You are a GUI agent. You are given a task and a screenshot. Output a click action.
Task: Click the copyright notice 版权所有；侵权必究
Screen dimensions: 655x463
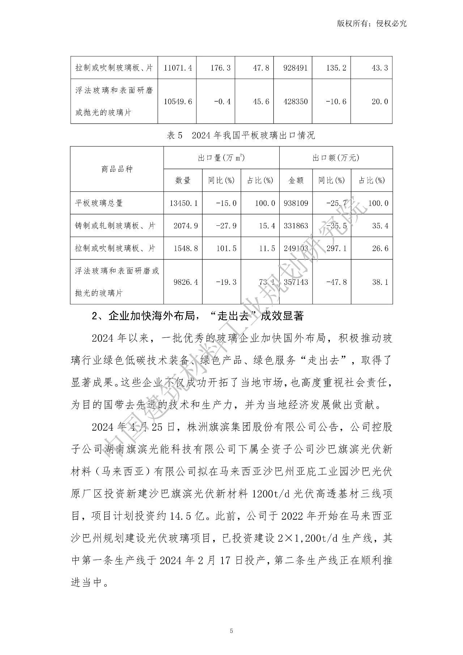click(x=371, y=24)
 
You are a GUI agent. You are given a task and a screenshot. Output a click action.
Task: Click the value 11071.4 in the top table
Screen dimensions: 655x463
click(x=178, y=68)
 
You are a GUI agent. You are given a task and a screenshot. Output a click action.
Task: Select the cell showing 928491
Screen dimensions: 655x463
click(x=296, y=68)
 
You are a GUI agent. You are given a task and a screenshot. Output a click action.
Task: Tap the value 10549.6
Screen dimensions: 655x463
click(x=178, y=101)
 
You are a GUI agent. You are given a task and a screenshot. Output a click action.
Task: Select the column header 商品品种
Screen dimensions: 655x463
click(x=117, y=169)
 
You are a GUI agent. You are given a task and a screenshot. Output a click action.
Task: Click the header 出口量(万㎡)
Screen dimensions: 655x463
click(x=221, y=158)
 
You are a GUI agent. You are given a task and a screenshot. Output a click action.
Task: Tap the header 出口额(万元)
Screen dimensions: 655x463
click(x=336, y=158)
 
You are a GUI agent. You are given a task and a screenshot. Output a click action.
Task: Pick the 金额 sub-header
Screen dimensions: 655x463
click(x=296, y=180)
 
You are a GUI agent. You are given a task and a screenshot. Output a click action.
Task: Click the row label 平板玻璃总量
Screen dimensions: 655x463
click(x=99, y=203)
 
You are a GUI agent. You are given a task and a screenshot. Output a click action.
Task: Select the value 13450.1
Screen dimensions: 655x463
click(x=183, y=203)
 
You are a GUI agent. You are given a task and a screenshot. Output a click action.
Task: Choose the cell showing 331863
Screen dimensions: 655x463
click(x=296, y=226)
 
